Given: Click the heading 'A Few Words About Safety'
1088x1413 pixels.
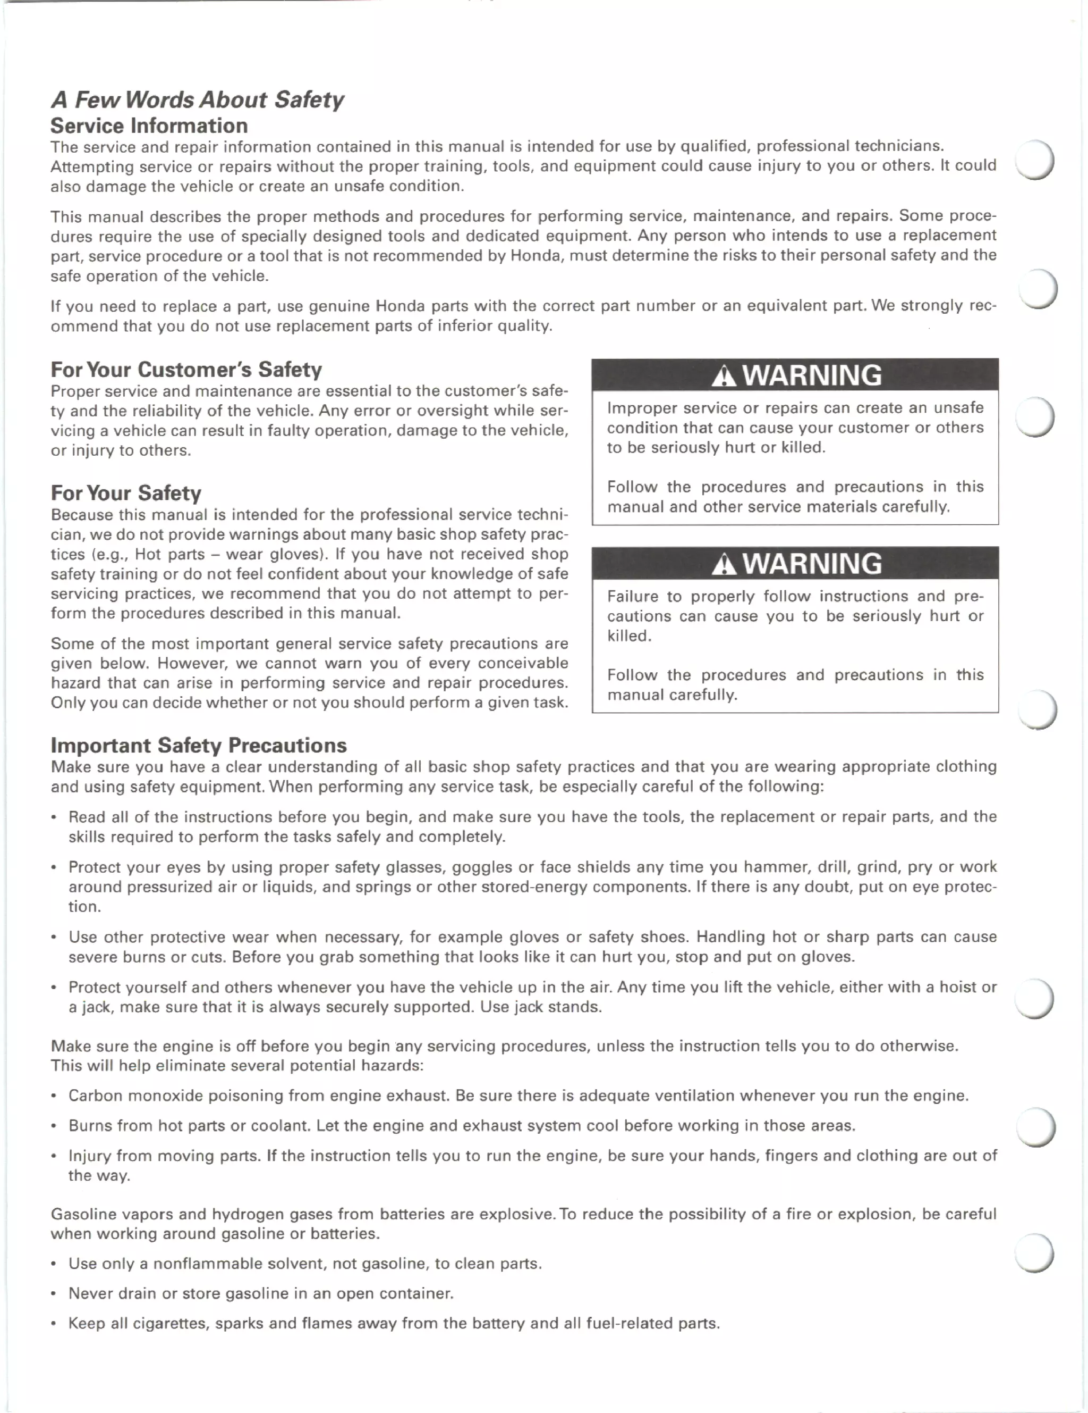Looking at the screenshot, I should pos(197,99).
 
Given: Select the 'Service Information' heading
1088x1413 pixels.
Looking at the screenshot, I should pos(149,126).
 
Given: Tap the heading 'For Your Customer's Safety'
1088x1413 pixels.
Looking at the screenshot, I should pos(186,370).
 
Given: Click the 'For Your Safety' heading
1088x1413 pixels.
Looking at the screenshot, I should pos(126,493).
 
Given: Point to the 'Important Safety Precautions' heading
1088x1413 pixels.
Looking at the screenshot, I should pos(199,745).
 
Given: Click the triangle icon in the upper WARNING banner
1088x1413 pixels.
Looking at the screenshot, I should pos(724,376).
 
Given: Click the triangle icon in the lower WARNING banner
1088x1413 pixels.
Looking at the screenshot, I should pos(724,565).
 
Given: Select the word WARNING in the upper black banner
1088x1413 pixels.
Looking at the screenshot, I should pos(811,375).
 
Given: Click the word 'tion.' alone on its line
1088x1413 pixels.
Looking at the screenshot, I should pos(84,907).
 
